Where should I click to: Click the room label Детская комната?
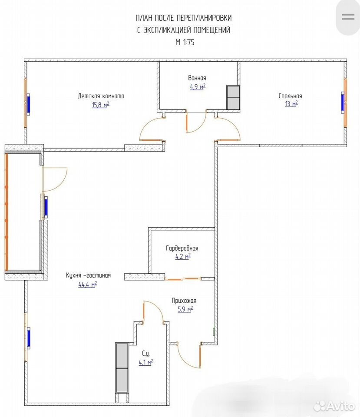(101, 96)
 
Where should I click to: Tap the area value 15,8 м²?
(100, 105)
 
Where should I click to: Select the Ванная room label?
(197, 78)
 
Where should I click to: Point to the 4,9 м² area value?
(198, 87)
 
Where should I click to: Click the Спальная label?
(291, 96)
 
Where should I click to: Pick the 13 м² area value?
(291, 104)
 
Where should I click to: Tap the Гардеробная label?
(182, 248)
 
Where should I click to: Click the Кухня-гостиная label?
(88, 275)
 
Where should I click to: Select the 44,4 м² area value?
(88, 285)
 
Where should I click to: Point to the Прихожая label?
(184, 301)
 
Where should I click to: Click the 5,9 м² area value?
(185, 309)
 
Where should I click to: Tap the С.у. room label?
(146, 354)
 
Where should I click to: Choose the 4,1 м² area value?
(146, 362)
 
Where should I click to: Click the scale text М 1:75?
(185, 42)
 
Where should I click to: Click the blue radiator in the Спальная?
(343, 103)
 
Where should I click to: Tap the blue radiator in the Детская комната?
(28, 104)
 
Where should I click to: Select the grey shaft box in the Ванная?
(233, 97)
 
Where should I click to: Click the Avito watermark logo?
(334, 406)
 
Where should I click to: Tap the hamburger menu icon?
(348, 17)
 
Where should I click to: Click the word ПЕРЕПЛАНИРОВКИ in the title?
(204, 18)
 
